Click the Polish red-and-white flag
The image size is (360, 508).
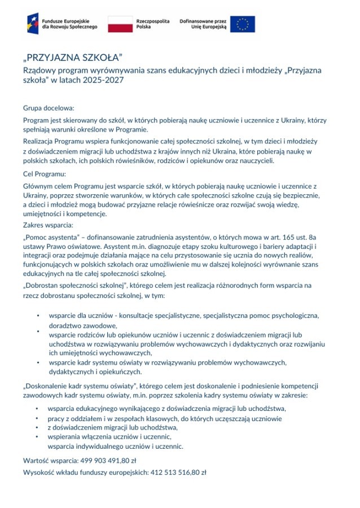(120, 24)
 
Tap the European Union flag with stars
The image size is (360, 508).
(242, 24)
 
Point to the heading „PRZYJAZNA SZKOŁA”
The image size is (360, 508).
(73, 59)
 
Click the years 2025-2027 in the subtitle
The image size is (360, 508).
(101, 81)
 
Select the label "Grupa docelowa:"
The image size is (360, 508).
(49, 107)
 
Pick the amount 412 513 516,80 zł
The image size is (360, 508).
(178, 472)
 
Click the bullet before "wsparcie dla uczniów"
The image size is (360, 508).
(37, 316)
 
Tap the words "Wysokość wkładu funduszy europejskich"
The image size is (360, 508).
(85, 472)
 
